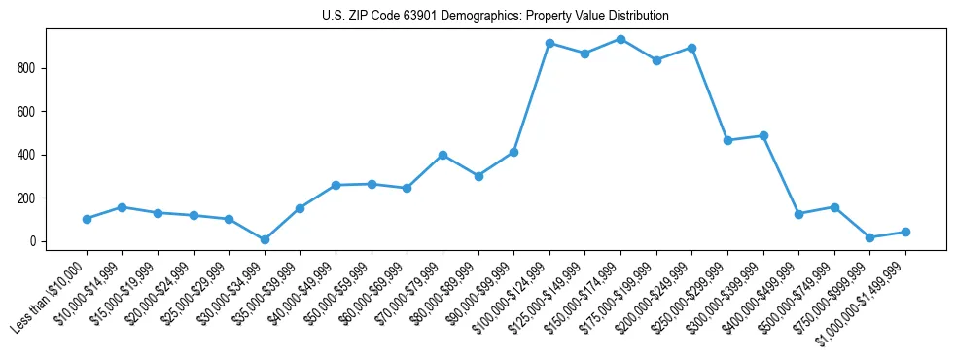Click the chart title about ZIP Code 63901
[495, 16]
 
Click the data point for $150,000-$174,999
[620, 39]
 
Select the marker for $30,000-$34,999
[265, 239]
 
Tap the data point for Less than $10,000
[87, 219]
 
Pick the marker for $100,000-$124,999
[549, 43]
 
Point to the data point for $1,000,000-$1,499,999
[905, 232]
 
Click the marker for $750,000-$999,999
[869, 237]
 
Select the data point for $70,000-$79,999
[443, 155]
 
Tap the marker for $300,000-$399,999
[763, 135]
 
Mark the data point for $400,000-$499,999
[798, 214]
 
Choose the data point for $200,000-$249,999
[691, 48]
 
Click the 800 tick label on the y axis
[27, 68]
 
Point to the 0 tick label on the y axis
[33, 241]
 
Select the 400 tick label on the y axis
[27, 155]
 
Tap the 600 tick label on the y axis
[27, 112]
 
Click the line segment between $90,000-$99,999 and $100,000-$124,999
[532, 97]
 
